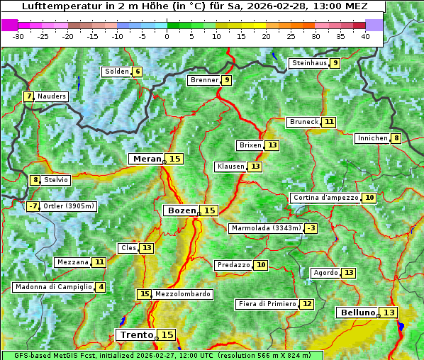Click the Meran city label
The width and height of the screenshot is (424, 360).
pyautogui.click(x=147, y=159)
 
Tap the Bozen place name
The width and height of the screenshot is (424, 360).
pyautogui.click(x=181, y=210)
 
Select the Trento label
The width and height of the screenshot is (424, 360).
pyautogui.click(x=136, y=334)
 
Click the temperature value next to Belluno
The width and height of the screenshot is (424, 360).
pyautogui.click(x=389, y=313)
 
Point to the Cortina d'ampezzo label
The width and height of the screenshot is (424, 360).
pyautogui.click(x=325, y=198)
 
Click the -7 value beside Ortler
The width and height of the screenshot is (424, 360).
pyautogui.click(x=33, y=206)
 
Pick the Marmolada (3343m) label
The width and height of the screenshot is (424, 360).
pyautogui.click(x=266, y=228)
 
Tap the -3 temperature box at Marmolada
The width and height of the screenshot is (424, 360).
pyautogui.click(x=311, y=228)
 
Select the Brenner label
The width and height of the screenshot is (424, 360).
pyautogui.click(x=203, y=80)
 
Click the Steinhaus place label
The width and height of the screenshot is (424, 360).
pyautogui.click(x=308, y=63)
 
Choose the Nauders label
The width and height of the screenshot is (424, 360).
pyautogui.click(x=52, y=96)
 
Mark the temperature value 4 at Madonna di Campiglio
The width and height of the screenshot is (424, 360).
pyautogui.click(x=101, y=287)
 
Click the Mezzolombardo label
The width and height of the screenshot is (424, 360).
pyautogui.click(x=182, y=294)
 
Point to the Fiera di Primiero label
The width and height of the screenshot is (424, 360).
pyautogui.click(x=267, y=304)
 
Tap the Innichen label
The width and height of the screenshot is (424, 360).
pyautogui.click(x=372, y=138)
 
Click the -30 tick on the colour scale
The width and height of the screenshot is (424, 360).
pyautogui.click(x=18, y=36)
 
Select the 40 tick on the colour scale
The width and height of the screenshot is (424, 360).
pyautogui.click(x=365, y=36)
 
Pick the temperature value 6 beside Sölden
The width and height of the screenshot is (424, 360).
pyautogui.click(x=138, y=72)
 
